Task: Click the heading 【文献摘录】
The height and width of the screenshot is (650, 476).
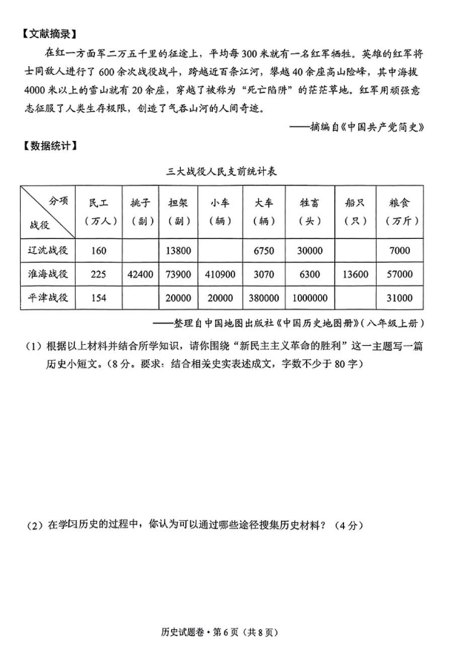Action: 50,34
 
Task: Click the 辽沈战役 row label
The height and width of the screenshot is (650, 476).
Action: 49,250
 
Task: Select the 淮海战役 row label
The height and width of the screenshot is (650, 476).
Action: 49,274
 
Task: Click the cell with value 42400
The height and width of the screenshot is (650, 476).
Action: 140,274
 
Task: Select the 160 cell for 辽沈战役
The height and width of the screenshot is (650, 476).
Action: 99,250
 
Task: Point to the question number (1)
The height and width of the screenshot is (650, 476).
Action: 33,345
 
